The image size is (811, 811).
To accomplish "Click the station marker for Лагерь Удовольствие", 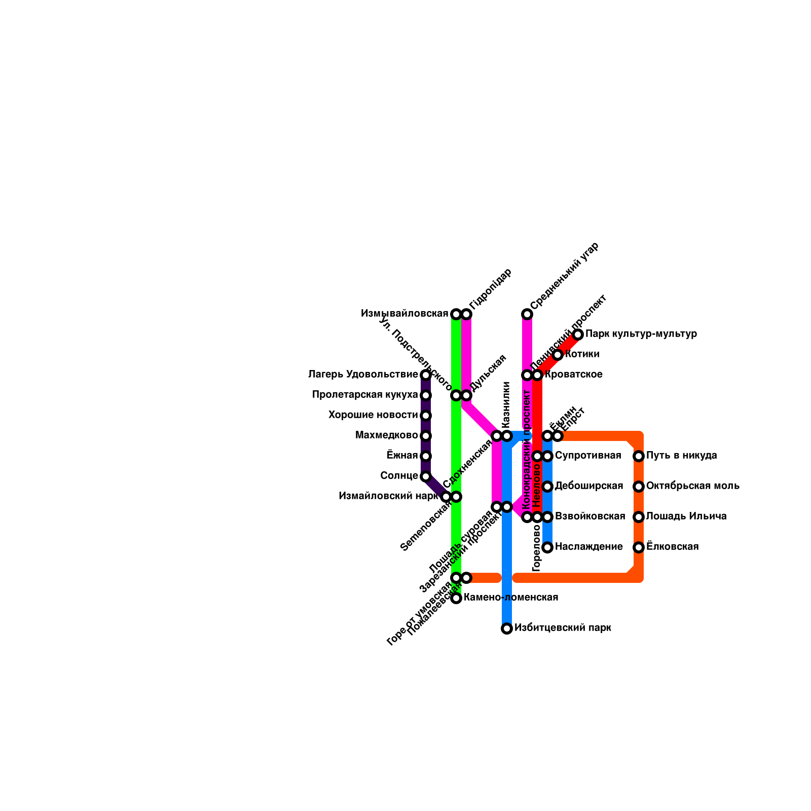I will click(426, 375).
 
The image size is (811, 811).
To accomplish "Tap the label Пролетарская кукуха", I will click(365, 395).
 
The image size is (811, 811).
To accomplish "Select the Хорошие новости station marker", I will click(426, 416).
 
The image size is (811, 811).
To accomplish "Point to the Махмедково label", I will click(386, 435).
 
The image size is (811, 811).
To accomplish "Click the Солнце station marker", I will click(426, 476).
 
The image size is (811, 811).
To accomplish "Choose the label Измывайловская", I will click(404, 314).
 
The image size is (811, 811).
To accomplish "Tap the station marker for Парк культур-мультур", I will click(578, 335).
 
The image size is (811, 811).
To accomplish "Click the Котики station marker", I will click(558, 355).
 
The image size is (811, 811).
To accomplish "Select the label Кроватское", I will click(573, 375).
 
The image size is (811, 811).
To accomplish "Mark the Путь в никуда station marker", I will click(639, 456).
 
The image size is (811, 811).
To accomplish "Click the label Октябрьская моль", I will click(692, 486).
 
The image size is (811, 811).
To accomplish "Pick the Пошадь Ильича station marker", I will click(639, 517).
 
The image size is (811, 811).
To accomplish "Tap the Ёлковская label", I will click(672, 547).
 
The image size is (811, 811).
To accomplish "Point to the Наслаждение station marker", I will click(547, 547).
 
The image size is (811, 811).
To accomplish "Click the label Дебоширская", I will click(588, 486).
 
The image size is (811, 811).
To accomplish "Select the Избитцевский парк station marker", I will click(507, 629).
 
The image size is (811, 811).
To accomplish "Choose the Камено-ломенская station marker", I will click(456, 598).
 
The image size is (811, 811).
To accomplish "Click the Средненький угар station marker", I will click(527, 314).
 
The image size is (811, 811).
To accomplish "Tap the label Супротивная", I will click(587, 456).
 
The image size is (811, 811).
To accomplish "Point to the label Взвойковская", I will click(590, 517).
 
